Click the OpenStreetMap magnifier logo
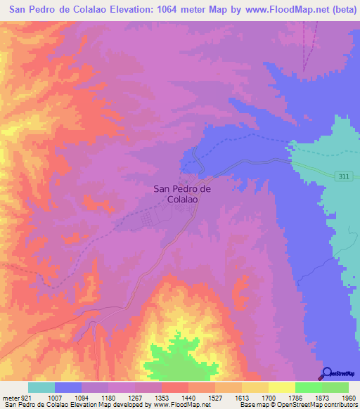326,372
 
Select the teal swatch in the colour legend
41,387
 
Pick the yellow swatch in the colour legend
281,387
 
